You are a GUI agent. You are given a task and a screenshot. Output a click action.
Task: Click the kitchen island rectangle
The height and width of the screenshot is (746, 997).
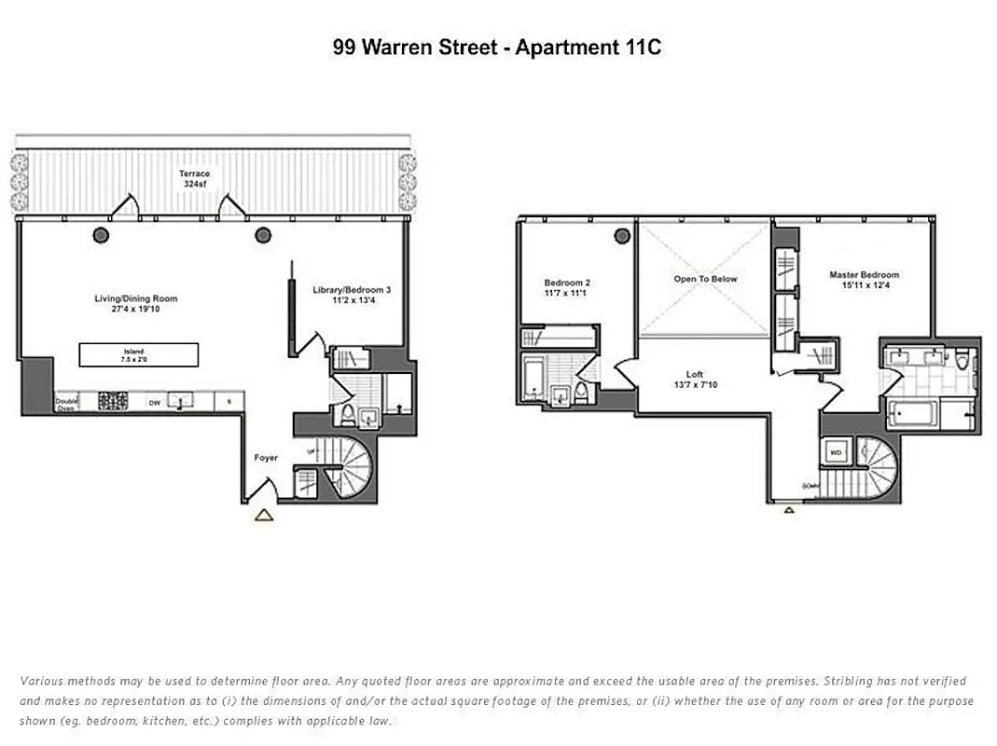pos(138,354)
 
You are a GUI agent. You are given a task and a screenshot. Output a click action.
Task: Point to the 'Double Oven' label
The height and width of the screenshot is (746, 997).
pos(67,403)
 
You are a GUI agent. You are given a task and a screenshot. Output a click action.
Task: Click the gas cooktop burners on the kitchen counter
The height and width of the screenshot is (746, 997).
pos(113,403)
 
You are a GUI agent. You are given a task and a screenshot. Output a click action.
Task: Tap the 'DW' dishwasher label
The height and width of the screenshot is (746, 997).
pos(154,403)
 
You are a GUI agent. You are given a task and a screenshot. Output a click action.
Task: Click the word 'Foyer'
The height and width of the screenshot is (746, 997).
pos(266,458)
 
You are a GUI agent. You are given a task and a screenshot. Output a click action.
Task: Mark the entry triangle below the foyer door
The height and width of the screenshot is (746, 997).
pos(264,514)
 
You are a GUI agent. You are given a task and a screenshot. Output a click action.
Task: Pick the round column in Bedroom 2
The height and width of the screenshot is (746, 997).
pos(622,236)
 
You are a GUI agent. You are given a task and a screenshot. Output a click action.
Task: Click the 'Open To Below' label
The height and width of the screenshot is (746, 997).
pos(705,279)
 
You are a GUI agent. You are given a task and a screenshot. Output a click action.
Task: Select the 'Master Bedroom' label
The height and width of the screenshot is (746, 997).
pos(864,275)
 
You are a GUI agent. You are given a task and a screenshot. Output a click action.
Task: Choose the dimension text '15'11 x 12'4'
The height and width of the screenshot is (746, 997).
pos(864,285)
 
